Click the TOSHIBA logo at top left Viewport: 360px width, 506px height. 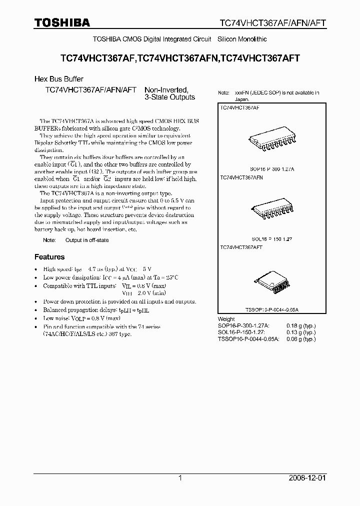click(62, 22)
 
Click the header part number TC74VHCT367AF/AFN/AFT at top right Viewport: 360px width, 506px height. click(273, 23)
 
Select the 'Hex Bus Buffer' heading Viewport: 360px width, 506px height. click(58, 79)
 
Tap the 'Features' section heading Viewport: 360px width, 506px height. click(49, 257)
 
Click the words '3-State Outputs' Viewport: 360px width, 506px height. click(170, 97)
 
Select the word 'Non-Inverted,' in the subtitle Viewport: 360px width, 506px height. click(166, 90)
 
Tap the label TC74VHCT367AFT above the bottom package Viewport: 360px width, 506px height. click(242, 247)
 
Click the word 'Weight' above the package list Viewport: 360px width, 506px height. click(226, 318)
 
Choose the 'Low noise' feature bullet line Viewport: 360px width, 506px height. click(82, 318)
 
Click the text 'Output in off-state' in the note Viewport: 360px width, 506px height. click(87, 240)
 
